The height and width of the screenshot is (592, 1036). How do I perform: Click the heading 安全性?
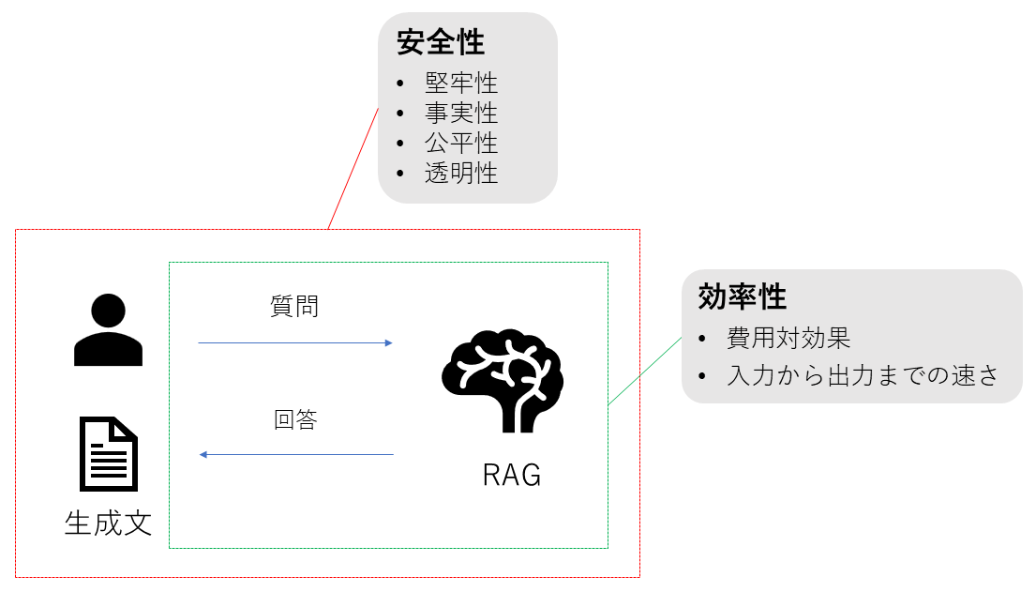pyautogui.click(x=440, y=42)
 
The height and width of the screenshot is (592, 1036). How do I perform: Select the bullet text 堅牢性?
pyautogui.click(x=460, y=83)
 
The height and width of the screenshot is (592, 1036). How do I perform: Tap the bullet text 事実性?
pyautogui.click(x=460, y=113)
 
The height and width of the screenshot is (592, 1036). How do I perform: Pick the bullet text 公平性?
pyautogui.click(x=460, y=143)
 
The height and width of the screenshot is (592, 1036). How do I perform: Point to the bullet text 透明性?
pyautogui.click(x=460, y=173)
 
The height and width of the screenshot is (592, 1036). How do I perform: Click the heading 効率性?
pyautogui.click(x=742, y=297)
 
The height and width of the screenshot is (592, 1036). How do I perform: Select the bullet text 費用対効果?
pyautogui.click(x=788, y=338)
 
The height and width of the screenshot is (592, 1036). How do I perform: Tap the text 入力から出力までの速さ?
pyautogui.click(x=862, y=375)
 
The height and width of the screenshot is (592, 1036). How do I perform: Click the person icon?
pyautogui.click(x=108, y=329)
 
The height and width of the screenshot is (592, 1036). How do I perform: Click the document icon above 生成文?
pyautogui.click(x=109, y=454)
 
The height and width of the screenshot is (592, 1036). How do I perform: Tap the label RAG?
pyautogui.click(x=512, y=475)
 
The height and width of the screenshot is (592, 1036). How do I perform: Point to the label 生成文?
pyautogui.click(x=108, y=523)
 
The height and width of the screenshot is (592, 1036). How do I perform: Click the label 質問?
pyautogui.click(x=294, y=307)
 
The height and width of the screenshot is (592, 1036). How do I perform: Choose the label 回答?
pyautogui.click(x=295, y=419)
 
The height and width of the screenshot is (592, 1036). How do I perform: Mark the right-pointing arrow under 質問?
pyautogui.click(x=295, y=343)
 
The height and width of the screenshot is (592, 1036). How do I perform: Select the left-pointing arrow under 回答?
pyautogui.click(x=295, y=455)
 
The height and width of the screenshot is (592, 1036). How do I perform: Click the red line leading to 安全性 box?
pyautogui.click(x=353, y=168)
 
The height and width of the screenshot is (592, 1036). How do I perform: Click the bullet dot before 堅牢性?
pyautogui.click(x=400, y=83)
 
